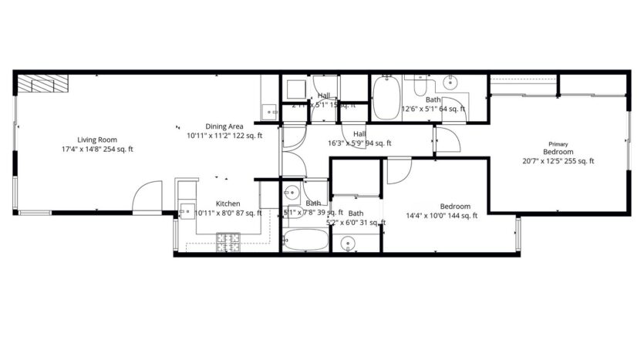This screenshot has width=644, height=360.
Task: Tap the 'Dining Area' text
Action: [x=224, y=126]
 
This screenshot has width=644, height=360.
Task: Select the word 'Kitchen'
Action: [x=228, y=204]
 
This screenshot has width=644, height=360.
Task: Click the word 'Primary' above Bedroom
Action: [x=558, y=144]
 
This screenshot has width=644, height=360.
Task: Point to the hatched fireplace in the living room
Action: [x=43, y=83]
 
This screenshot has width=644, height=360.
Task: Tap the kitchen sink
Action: [x=185, y=210]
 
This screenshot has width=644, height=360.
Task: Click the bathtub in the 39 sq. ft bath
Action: [x=305, y=241]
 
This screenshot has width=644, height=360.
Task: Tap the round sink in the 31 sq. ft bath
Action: [x=349, y=244]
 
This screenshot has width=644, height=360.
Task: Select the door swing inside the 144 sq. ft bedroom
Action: [x=399, y=170]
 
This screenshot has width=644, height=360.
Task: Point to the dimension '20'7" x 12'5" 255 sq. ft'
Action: [x=558, y=161]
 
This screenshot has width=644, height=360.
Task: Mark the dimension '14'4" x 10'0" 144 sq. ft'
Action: [x=443, y=216]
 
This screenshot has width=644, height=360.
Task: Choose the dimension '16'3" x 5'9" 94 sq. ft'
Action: [x=360, y=143]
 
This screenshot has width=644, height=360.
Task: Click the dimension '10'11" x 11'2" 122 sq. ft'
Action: [x=225, y=136]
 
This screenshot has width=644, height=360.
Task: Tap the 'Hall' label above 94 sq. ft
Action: [x=359, y=133]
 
